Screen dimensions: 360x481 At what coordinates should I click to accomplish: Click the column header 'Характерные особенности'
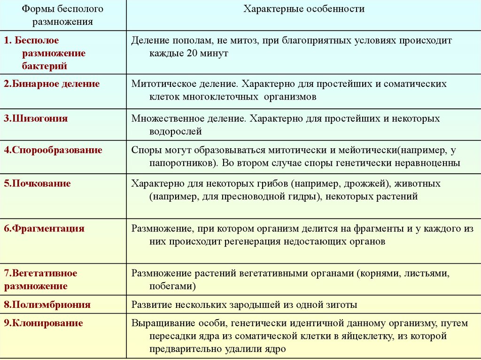(x=303, y=9)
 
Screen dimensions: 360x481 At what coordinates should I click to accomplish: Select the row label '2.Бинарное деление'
(x=52, y=84)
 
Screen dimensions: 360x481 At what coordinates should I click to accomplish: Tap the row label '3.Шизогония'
(x=36, y=118)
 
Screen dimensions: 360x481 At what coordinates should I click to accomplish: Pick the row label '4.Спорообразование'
(x=53, y=150)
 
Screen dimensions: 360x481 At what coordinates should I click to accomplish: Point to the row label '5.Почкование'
(x=37, y=184)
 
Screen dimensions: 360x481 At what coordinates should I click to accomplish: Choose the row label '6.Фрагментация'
(x=44, y=229)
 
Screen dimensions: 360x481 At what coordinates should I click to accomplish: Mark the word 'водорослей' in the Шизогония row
(x=176, y=131)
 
